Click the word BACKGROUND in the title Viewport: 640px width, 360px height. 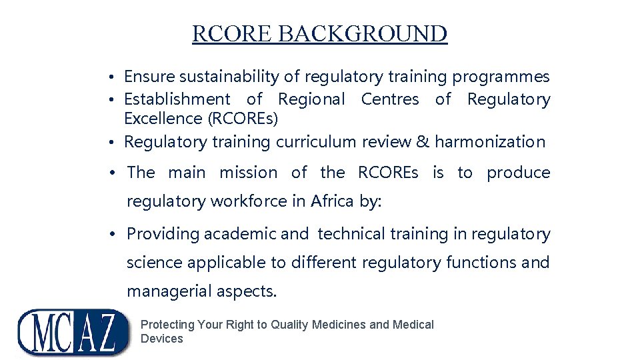click(363, 34)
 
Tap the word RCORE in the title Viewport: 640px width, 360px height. click(232, 34)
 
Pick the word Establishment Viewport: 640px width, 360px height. click(177, 99)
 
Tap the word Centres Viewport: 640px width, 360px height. click(390, 99)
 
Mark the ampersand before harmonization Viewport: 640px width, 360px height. click(422, 142)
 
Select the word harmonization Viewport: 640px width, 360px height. click(490, 142)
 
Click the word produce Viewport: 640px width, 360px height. click(518, 173)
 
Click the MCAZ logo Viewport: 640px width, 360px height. click(73, 332)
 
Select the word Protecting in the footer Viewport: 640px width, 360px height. click(167, 325)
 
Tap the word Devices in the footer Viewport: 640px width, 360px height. click(161, 339)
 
